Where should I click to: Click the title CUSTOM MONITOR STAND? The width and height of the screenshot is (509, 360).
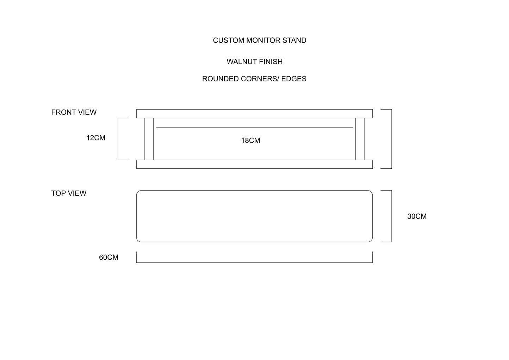pyautogui.click(x=260, y=40)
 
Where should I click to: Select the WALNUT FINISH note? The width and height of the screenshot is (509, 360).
pyautogui.click(x=254, y=62)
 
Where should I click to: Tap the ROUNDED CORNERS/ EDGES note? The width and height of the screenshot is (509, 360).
pyautogui.click(x=254, y=79)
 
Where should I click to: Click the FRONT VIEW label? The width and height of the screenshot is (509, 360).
pyautogui.click(x=74, y=112)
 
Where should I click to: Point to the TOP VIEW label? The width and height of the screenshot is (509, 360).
pyautogui.click(x=69, y=193)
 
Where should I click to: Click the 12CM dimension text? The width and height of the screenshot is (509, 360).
pyautogui.click(x=96, y=138)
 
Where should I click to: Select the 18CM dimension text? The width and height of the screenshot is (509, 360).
pyautogui.click(x=250, y=141)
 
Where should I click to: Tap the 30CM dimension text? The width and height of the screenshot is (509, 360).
pyautogui.click(x=417, y=216)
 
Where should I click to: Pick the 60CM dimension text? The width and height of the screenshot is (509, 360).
pyautogui.click(x=108, y=257)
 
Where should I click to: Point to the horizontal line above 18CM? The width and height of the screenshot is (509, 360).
pyautogui.click(x=254, y=128)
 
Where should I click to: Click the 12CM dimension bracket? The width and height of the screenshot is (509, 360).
pyautogui.click(x=118, y=139)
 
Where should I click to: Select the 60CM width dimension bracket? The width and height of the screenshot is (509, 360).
pyautogui.click(x=254, y=262)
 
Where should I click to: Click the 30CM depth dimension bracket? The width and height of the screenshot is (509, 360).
pyautogui.click(x=391, y=216)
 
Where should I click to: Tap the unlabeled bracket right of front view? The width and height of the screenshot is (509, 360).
pyautogui.click(x=391, y=139)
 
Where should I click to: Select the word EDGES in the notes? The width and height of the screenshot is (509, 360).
pyautogui.click(x=294, y=79)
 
